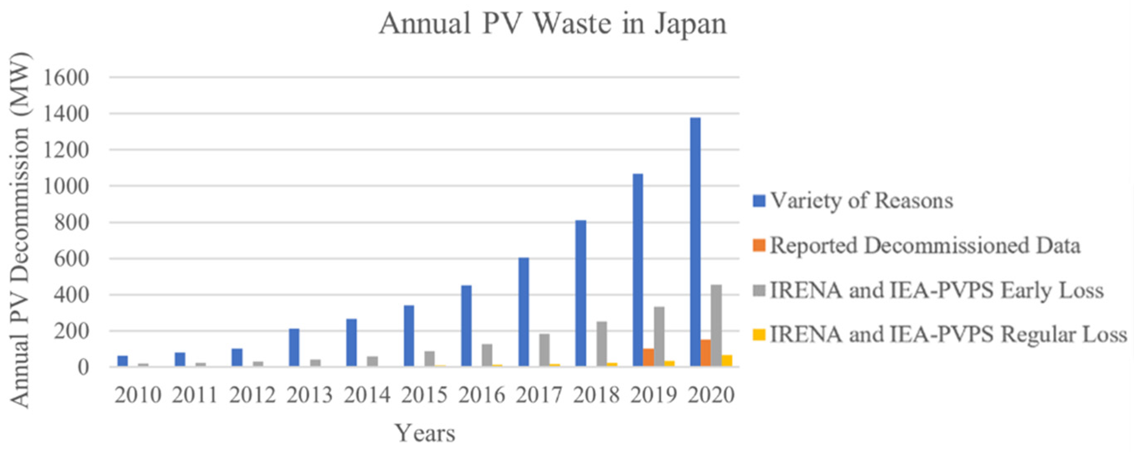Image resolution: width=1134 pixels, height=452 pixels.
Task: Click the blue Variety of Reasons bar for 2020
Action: (x=695, y=242)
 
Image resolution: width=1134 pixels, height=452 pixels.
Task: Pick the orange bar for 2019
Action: (x=649, y=357)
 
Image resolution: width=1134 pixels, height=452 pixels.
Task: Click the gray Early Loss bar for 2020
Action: (x=716, y=326)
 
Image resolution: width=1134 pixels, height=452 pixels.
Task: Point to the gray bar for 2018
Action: (x=602, y=344)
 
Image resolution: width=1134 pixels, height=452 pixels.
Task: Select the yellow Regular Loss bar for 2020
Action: (x=727, y=360)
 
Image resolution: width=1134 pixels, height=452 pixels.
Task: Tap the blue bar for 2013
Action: (x=294, y=347)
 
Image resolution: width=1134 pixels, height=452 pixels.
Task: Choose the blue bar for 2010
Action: (x=122, y=361)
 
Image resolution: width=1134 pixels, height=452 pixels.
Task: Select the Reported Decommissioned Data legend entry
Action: (x=924, y=245)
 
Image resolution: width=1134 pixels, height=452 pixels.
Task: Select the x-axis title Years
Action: (x=425, y=433)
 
